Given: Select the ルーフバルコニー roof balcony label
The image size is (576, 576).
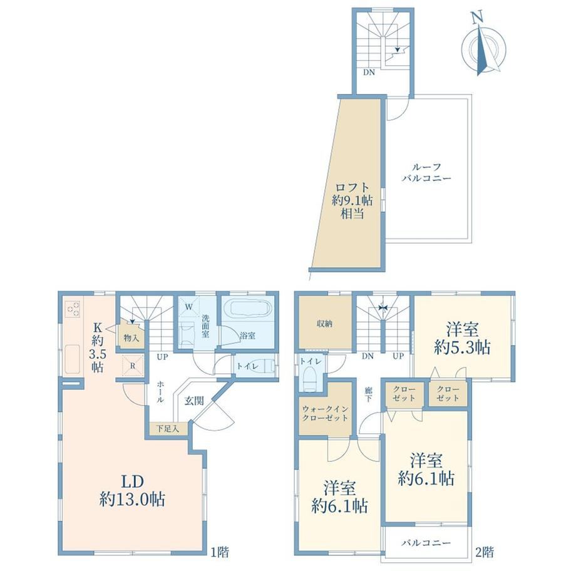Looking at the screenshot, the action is [426, 173].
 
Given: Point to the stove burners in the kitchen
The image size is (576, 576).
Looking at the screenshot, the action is [73, 309].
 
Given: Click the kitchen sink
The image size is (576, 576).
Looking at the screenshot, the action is [73, 359].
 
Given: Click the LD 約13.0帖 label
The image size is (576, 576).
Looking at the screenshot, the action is [132, 490].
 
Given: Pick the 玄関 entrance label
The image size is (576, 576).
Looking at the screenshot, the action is [194, 401].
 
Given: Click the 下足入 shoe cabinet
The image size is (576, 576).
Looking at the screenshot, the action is [168, 429].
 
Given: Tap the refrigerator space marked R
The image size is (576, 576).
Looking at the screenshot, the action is [133, 366].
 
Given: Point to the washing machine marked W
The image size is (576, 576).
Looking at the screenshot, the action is [189, 307].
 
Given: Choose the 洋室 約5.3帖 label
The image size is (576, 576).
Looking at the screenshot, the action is [462, 338].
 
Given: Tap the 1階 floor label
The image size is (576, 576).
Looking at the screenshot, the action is [220, 552].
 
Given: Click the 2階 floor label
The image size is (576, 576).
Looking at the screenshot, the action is [485, 552].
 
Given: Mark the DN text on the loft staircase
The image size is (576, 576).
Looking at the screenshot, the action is [369, 73].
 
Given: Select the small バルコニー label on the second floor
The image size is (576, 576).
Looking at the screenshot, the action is [426, 543].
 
